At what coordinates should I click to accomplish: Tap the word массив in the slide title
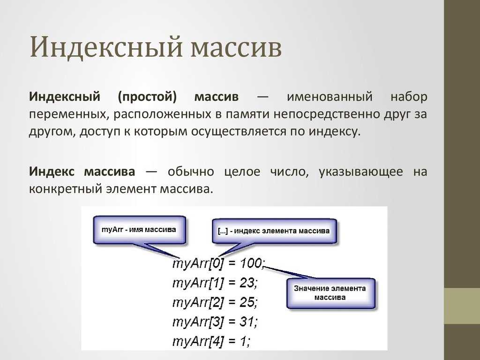click(236, 49)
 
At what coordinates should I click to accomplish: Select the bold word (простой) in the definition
click(147, 97)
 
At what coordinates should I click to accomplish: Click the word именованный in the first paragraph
click(330, 97)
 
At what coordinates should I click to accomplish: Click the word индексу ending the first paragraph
click(334, 132)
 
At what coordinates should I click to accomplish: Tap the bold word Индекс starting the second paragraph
click(52, 172)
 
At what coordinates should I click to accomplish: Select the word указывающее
click(360, 172)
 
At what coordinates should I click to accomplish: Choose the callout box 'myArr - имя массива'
click(139, 230)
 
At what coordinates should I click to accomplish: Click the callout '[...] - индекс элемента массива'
click(274, 231)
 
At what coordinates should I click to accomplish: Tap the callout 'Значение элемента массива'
click(330, 293)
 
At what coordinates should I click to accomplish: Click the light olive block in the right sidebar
click(462, 306)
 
